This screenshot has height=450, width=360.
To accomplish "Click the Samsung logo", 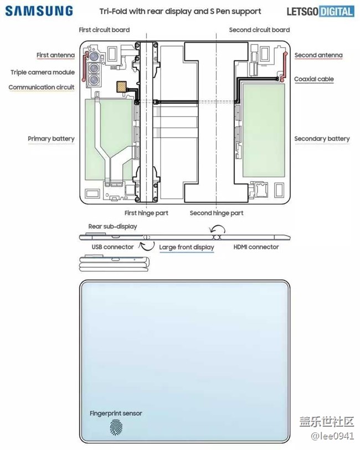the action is (39, 11).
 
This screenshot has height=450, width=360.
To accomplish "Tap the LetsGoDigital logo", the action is (320, 12).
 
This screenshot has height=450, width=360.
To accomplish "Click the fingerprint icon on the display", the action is (116, 427).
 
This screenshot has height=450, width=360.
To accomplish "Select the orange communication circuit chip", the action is (122, 87).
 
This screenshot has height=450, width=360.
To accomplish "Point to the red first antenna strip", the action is (84, 66).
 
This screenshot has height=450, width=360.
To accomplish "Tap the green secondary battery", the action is (264, 130).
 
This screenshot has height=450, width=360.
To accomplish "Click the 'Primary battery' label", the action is (51, 139).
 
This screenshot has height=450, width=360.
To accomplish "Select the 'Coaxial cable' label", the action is (314, 79).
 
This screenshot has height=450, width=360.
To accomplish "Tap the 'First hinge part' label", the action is (146, 213).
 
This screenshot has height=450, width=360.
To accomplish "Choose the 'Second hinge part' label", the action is (217, 213).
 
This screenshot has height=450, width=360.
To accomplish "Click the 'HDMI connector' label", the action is (256, 247).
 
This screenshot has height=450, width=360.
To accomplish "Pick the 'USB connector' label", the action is (113, 247).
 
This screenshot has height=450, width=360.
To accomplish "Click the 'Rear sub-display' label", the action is (113, 227).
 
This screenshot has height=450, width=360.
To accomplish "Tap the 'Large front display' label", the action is (187, 247).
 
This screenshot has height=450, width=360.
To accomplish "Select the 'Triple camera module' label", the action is (43, 72).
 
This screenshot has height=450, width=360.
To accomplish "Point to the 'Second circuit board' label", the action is (259, 30).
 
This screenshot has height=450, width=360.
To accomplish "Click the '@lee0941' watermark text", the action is (332, 436).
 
